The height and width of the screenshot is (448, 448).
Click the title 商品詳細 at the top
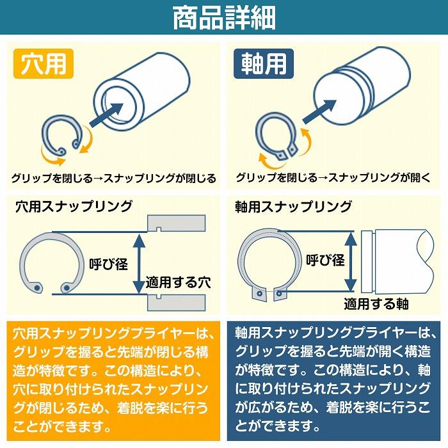[x=224, y=18]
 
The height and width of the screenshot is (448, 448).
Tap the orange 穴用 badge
[x=44, y=64]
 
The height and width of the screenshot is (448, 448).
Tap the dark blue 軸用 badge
[x=263, y=64]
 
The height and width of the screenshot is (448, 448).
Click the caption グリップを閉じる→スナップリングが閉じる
[x=113, y=178]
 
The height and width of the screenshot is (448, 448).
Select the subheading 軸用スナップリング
[x=293, y=206]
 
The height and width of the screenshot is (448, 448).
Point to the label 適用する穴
[x=178, y=282]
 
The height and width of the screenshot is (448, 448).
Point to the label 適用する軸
[x=376, y=303]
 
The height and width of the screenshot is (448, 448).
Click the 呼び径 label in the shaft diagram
[x=325, y=260]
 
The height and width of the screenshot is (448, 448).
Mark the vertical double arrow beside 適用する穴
[x=137, y=263]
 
